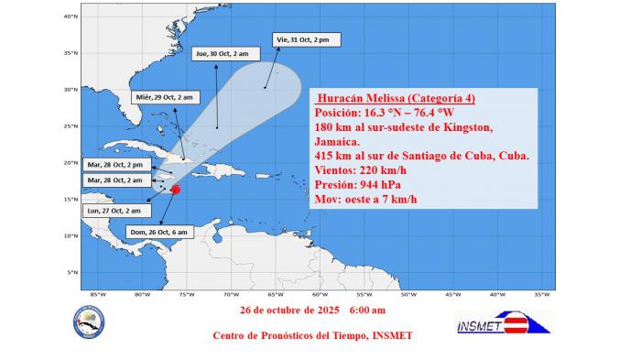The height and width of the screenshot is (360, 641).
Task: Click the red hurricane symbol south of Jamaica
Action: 176,190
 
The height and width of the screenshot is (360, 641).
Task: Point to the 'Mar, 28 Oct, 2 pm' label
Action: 114,165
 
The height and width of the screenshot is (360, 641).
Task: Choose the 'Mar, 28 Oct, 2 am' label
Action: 114,180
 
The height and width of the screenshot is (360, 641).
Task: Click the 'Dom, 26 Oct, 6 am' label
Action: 158,233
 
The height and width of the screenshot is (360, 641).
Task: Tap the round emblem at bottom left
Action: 89,321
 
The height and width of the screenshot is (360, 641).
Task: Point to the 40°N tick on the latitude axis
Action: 70,16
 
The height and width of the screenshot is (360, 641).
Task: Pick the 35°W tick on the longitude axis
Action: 541,294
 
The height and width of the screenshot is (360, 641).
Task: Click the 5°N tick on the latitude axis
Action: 71,272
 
